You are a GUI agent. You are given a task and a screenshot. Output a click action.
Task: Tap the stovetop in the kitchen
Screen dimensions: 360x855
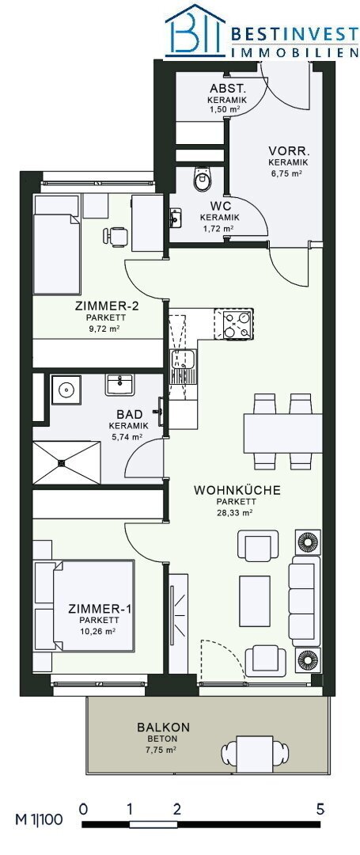tap(233, 324)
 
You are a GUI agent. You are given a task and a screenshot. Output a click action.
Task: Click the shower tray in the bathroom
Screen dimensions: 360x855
tap(67, 462)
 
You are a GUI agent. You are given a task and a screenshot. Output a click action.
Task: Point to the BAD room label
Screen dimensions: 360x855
tap(125, 415)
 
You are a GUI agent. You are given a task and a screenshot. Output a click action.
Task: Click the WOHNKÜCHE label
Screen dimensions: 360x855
tap(237, 490)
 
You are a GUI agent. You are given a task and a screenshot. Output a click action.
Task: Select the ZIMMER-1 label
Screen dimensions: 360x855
tap(99, 609)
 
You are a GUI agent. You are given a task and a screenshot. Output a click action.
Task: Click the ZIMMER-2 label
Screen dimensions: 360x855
tap(108, 306)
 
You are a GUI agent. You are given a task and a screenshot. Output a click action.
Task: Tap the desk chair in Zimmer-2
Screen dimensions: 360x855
tap(116, 236)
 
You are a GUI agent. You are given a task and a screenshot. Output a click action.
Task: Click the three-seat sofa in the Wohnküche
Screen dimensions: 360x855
tap(304, 601)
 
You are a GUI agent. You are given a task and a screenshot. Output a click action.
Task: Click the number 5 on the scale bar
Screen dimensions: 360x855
tap(320, 808)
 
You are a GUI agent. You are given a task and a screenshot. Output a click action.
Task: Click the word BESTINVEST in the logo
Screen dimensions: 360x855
tap(294, 36)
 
